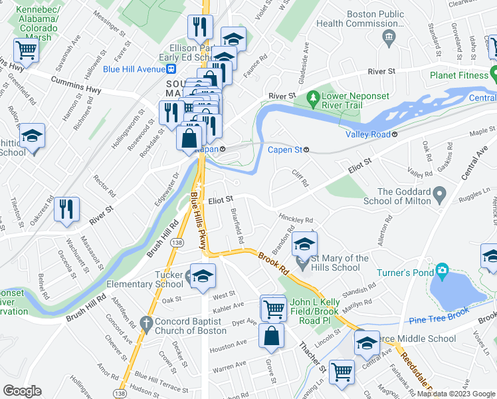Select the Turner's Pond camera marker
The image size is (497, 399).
tap(441, 270)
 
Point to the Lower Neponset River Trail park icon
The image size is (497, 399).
tap(314, 100)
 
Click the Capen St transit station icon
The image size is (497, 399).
tap(306, 150)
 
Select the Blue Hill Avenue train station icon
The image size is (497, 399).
tap(171, 68)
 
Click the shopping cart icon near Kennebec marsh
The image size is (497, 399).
tap(25, 49)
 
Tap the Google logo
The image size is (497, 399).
tap(23, 391)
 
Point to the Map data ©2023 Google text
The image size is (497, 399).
tap(454, 393)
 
